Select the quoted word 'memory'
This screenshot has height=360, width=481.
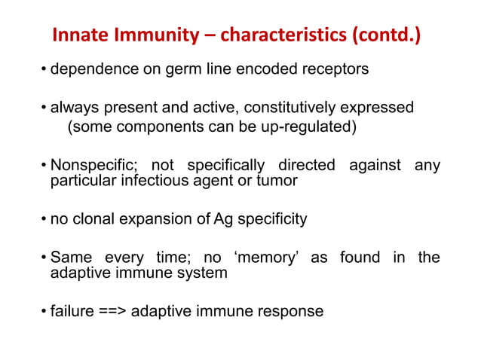point(268,258)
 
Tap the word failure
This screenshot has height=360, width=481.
point(72,310)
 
